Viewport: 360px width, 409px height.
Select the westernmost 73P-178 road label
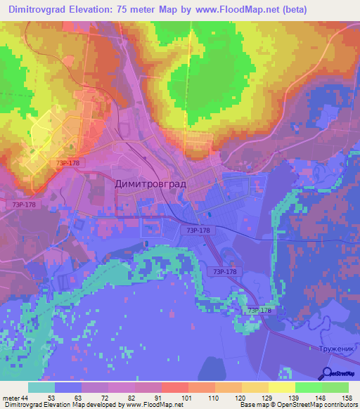click(x=23, y=204)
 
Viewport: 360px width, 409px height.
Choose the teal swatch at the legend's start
click(x=41, y=387)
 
